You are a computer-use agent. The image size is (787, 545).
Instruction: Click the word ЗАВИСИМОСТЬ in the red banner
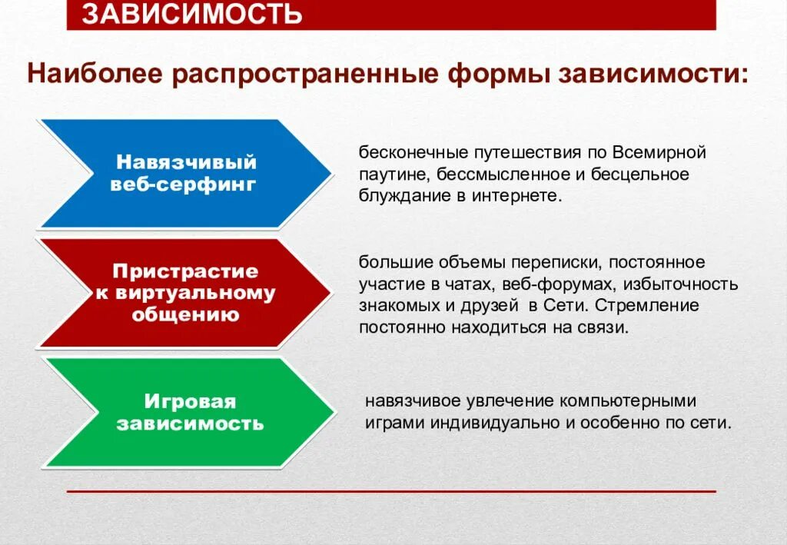pyautogui.click(x=191, y=14)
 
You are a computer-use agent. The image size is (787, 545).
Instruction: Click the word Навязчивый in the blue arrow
pyautogui.click(x=186, y=162)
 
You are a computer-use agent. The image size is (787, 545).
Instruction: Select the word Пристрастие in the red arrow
pyautogui.click(x=186, y=271)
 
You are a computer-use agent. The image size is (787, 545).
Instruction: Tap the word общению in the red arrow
pyautogui.click(x=185, y=314)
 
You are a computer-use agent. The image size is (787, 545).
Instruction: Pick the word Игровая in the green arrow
pyautogui.click(x=190, y=401)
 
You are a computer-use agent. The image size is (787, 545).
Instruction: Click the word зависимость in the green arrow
pyautogui.click(x=190, y=423)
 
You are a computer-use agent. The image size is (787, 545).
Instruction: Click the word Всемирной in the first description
pyautogui.click(x=659, y=152)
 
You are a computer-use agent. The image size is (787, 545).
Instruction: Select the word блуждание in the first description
pyautogui.click(x=397, y=196)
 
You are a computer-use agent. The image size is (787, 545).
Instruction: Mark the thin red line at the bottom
pyautogui.click(x=391, y=490)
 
